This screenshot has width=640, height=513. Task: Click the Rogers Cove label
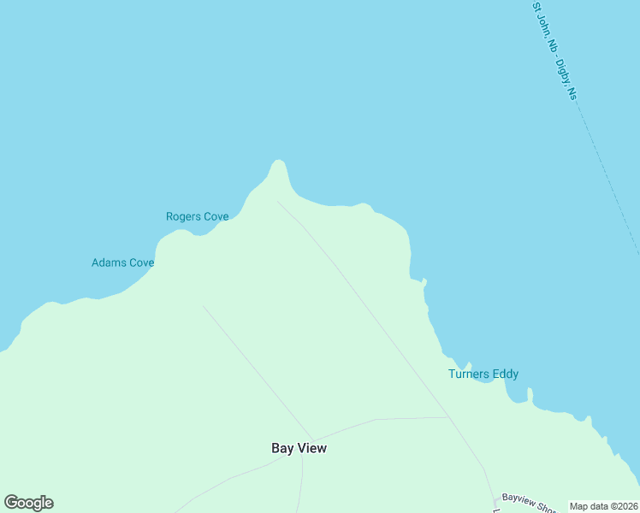point(197,217)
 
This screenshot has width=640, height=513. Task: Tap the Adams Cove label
point(122,262)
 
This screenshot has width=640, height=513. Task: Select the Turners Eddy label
point(483,374)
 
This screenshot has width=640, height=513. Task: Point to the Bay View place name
point(299,448)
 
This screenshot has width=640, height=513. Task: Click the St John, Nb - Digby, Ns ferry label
point(554,51)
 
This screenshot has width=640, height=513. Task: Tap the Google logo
point(28,503)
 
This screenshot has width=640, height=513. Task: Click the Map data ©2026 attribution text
point(603,506)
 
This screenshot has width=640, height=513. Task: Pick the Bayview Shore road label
point(525,502)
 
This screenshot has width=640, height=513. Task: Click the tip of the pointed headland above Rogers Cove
point(276,162)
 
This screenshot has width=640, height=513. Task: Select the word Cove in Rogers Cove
point(215,217)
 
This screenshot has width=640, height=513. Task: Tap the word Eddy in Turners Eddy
point(505,374)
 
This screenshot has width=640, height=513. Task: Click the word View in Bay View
point(312,448)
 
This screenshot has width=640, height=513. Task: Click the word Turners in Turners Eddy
point(469,374)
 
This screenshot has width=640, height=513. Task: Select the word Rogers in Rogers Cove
point(182,217)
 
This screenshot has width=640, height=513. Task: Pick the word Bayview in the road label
point(517,498)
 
